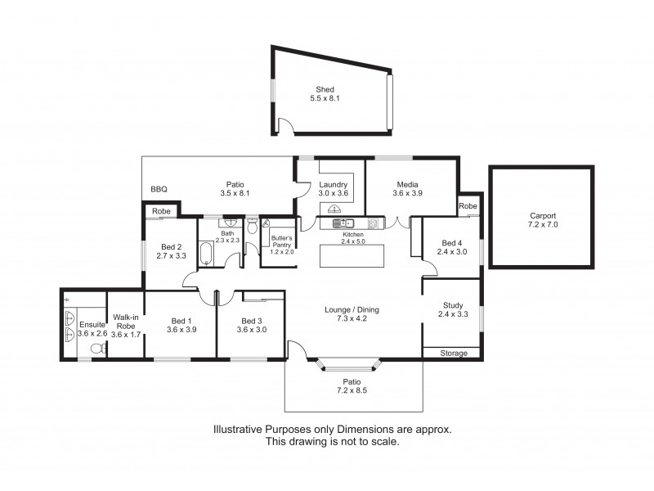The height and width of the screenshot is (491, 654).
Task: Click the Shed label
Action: point(326,89)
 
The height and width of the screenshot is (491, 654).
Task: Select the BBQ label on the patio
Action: point(159,190)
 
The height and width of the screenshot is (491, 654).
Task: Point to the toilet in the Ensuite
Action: point(96,348)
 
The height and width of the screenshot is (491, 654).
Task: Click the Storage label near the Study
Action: point(454,354)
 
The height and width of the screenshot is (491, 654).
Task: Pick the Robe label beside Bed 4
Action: point(468,206)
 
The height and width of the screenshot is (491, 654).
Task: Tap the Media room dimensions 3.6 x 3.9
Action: point(407,194)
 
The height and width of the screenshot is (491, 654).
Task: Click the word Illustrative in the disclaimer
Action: point(239,429)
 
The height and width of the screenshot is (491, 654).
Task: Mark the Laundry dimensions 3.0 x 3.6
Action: point(333,194)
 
